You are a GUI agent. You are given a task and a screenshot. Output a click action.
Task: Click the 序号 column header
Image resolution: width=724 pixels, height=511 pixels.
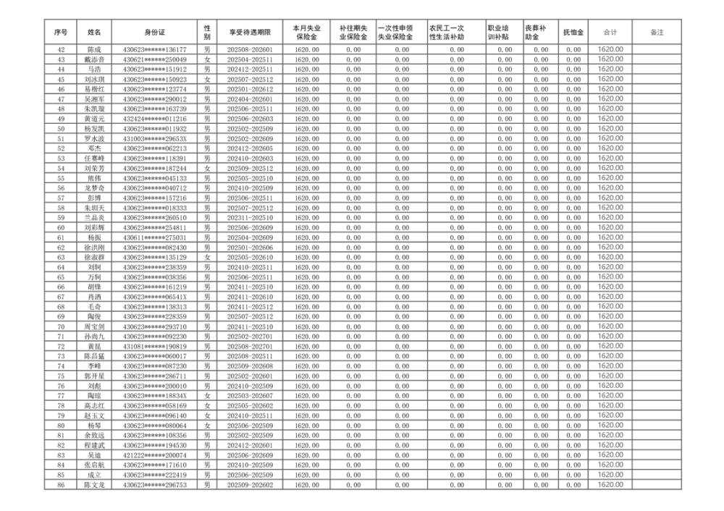[61, 33]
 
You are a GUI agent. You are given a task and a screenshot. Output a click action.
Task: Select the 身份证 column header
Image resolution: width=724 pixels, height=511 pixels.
[155, 33]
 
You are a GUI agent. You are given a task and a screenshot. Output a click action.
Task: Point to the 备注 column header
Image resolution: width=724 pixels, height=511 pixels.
[657, 33]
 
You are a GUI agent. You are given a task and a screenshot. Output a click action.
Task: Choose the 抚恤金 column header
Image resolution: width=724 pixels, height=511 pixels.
[574, 33]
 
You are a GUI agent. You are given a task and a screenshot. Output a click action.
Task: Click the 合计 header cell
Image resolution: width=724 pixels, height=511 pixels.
[610, 33]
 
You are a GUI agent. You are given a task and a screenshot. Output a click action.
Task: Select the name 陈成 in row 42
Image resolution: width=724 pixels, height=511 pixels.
[94, 49]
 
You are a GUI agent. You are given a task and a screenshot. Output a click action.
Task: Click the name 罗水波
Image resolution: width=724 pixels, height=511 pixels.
[94, 138]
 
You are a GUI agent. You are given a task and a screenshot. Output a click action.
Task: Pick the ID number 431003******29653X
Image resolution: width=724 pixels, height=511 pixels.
[155, 138]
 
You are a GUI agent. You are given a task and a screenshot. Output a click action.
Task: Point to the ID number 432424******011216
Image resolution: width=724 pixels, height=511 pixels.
[155, 119]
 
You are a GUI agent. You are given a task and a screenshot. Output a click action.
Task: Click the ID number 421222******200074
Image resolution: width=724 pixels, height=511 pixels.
[155, 455]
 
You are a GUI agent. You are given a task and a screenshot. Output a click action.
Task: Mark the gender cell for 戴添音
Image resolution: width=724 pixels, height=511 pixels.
[207, 59]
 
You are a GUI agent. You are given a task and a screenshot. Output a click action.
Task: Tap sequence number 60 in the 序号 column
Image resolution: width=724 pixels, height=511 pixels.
[61, 227]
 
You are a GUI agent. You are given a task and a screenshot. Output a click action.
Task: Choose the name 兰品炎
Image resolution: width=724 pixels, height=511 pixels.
[94, 217]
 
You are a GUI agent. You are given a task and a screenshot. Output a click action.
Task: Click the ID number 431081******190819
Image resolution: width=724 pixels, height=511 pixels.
[155, 346]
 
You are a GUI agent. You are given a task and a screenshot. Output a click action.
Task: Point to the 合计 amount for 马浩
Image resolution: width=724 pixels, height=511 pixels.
[610, 69]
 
